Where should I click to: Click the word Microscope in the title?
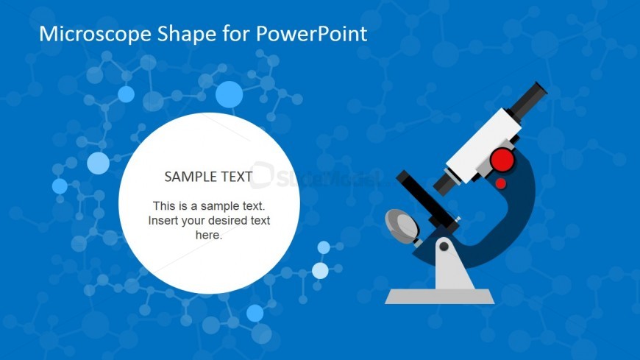[95, 34]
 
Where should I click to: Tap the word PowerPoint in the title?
[311, 34]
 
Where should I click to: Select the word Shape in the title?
[187, 35]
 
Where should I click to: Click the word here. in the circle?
[209, 235]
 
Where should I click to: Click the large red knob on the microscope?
[502, 159]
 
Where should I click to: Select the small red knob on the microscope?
[501, 183]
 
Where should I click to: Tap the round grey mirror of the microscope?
[402, 227]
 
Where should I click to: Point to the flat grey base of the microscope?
[440, 296]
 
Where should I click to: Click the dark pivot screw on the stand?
[444, 247]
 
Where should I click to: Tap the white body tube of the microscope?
[483, 146]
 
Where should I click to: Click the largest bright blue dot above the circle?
[229, 94]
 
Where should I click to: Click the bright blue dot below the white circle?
[255, 314]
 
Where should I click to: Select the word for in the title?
[236, 34]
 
